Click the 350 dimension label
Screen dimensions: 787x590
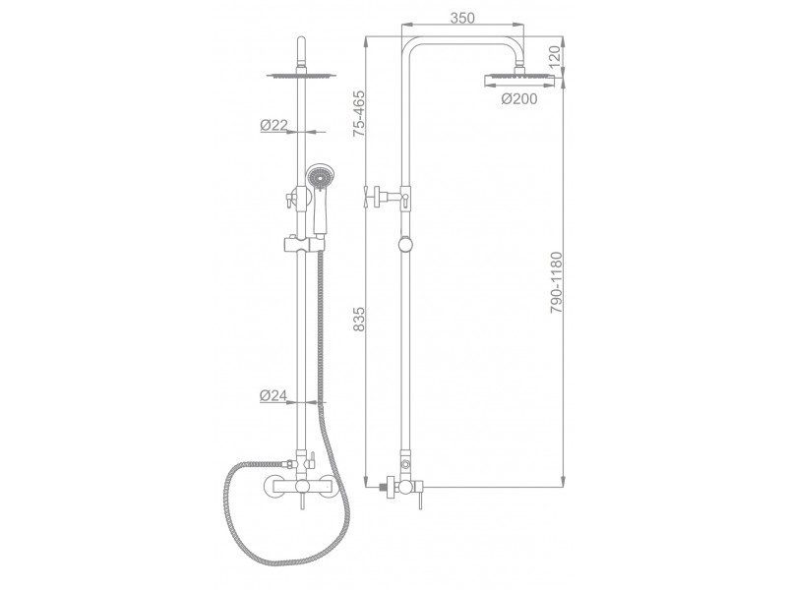(x=462, y=19)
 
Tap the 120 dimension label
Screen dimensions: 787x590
(x=555, y=57)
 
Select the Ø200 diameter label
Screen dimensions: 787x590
(x=519, y=99)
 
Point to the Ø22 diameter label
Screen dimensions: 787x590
(x=273, y=125)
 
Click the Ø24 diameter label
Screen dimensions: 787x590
(x=273, y=396)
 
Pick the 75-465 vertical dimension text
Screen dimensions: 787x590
(x=359, y=114)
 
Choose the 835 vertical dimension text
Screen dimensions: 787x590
(x=359, y=319)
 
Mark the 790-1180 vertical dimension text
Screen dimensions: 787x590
(x=557, y=282)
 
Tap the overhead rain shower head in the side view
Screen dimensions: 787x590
(x=519, y=81)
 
